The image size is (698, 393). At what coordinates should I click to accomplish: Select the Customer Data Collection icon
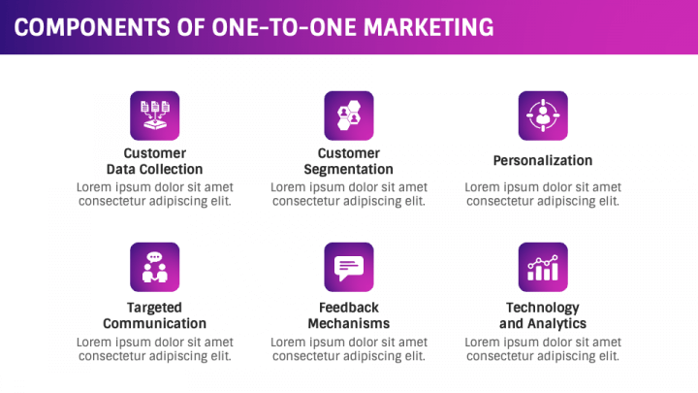(154, 115)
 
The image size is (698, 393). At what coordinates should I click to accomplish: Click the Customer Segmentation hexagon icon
(349, 115)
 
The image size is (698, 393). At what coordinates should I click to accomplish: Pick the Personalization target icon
(543, 115)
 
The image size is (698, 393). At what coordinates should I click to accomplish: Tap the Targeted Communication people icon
(154, 267)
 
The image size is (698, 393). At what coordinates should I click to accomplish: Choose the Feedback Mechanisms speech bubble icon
(349, 267)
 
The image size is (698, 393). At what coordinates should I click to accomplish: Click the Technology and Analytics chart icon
(543, 267)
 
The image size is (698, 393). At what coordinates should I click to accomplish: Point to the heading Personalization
(543, 160)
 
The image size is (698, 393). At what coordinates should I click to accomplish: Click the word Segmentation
(349, 169)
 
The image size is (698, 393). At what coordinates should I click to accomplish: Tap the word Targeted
(154, 308)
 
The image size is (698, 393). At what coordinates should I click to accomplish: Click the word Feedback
(349, 308)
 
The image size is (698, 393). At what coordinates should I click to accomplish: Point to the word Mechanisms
(349, 323)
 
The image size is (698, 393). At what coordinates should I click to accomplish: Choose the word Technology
(543, 308)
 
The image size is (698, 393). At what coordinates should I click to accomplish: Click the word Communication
(154, 323)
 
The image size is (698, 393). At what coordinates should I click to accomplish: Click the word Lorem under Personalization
(482, 187)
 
